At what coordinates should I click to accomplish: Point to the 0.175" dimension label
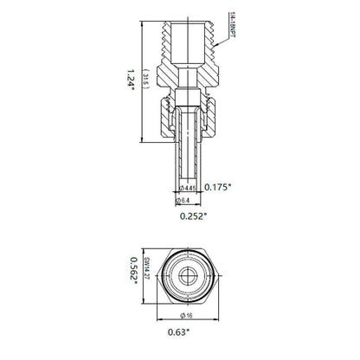pyautogui.click(x=217, y=186)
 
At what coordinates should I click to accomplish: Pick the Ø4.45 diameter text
pyautogui.click(x=185, y=187)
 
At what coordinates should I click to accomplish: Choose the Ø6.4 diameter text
pyautogui.click(x=183, y=200)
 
